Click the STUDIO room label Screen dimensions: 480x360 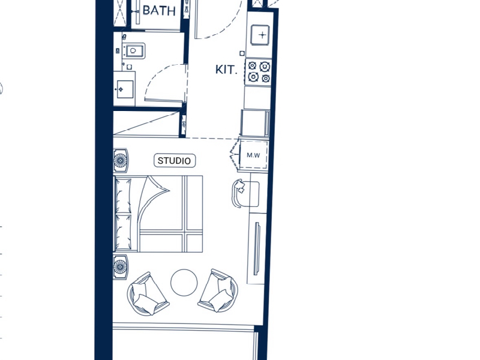[175, 161]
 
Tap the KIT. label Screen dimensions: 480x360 [226, 70]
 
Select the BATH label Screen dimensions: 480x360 [159, 11]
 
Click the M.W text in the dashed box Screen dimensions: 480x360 [253, 155]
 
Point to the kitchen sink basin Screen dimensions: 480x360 [260, 35]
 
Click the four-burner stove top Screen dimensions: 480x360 [259, 72]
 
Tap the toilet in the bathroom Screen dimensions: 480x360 [133, 51]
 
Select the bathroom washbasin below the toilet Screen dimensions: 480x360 [125, 89]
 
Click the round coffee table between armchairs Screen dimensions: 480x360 [184, 283]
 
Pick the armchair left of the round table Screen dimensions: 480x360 [147, 294]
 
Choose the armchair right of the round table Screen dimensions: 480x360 [218, 291]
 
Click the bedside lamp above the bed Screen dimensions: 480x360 [121, 160]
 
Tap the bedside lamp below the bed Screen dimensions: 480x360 [121, 267]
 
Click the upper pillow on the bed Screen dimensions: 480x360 [124, 196]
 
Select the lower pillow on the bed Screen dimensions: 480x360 [124, 232]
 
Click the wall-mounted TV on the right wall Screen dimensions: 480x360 [257, 248]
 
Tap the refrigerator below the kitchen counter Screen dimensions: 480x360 [256, 123]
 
